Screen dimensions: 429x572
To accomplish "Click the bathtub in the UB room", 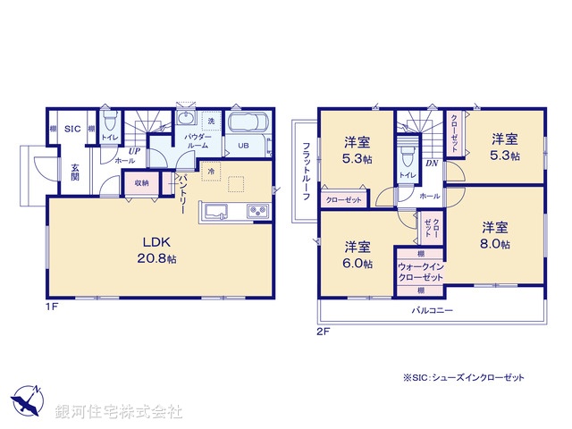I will click(x=244, y=123).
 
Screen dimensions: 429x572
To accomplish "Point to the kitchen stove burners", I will click(x=257, y=212).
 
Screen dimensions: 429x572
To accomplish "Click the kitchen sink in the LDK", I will click(x=217, y=212).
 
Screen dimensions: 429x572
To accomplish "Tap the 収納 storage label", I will click(x=142, y=183).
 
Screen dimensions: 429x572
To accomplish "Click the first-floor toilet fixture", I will click(x=109, y=119).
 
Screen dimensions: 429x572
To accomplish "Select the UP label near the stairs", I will click(x=133, y=151).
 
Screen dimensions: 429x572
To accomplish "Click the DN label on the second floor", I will click(x=431, y=164).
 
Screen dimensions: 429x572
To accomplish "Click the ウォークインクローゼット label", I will click(x=420, y=273).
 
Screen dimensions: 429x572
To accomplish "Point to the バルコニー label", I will click(x=432, y=310).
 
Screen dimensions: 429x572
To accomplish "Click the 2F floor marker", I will click(x=323, y=331).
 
